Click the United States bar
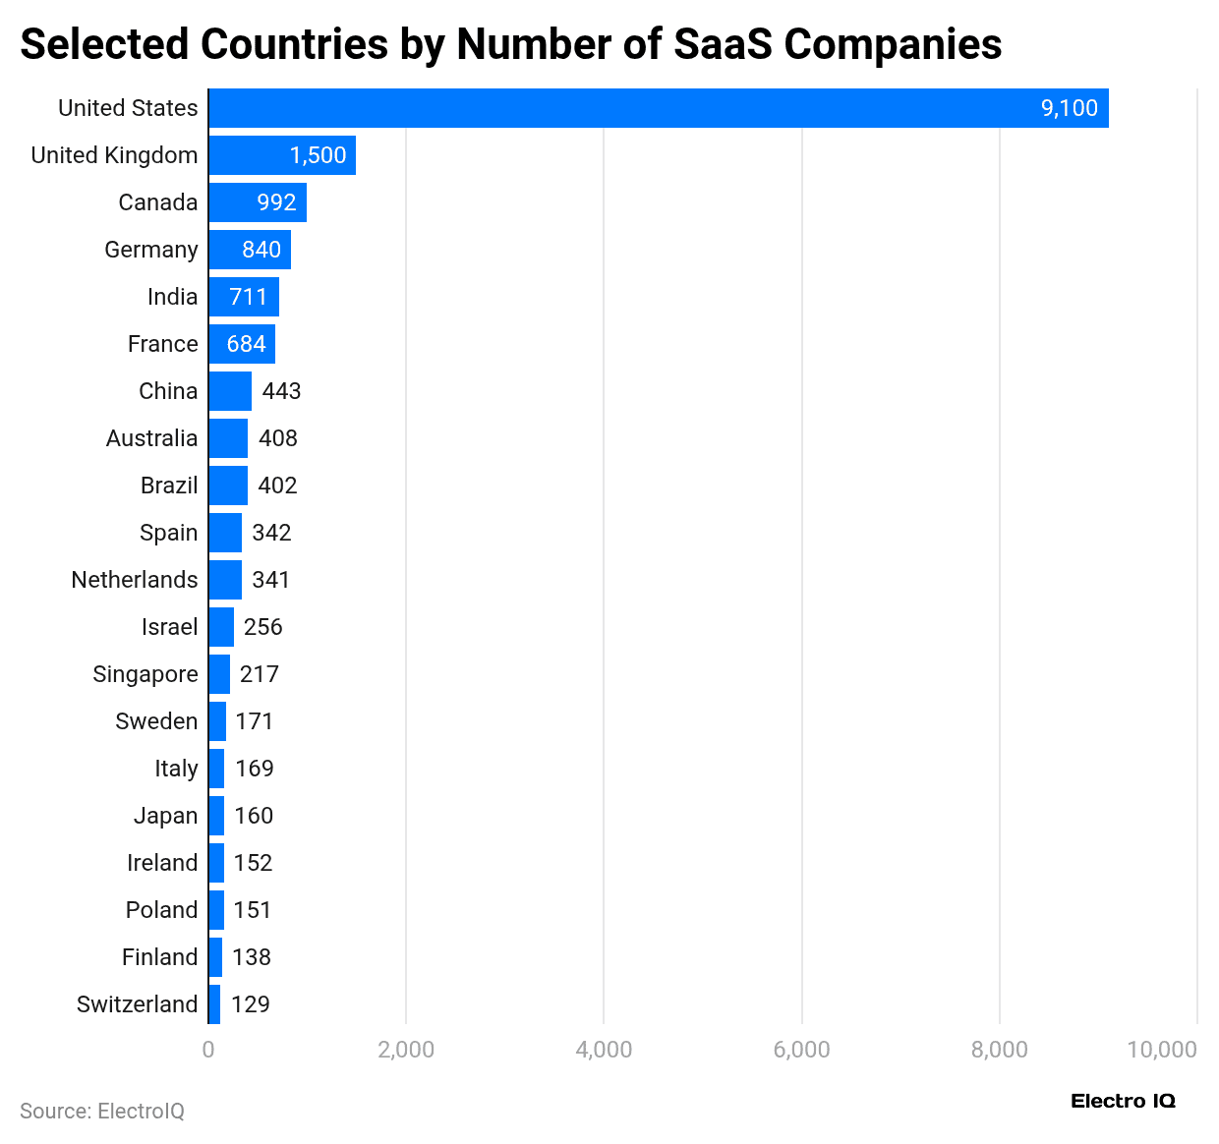[x=659, y=108]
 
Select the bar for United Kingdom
[x=281, y=155]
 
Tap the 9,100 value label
[x=1069, y=108]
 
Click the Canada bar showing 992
[x=258, y=202]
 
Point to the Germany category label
[x=151, y=250]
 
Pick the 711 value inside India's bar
[x=248, y=297]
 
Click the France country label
[x=163, y=344]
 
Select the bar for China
[x=230, y=391]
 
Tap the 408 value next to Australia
[x=277, y=438]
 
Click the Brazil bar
[x=228, y=486]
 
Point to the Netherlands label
[x=135, y=580]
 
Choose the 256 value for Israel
[x=262, y=627]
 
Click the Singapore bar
[x=219, y=674]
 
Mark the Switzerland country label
[x=138, y=1004]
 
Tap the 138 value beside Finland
[x=251, y=957]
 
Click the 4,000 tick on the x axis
[x=604, y=1050]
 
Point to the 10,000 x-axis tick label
[x=1161, y=1050]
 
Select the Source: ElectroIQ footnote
[x=102, y=1111]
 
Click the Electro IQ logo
[x=1123, y=1101]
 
